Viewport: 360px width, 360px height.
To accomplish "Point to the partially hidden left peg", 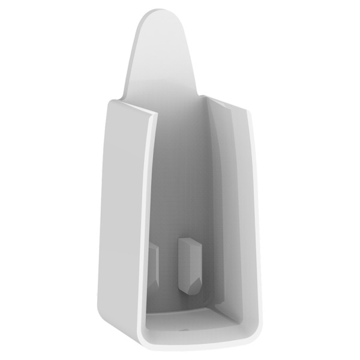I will pos(154,258).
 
